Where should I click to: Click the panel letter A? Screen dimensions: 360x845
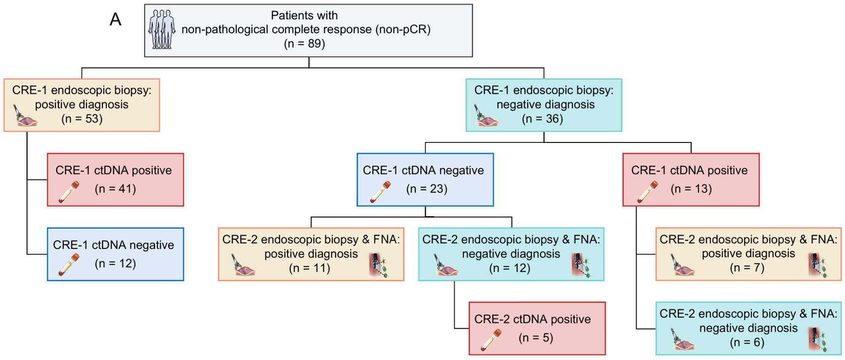[x=115, y=19]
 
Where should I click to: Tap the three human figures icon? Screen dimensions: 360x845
[x=162, y=30]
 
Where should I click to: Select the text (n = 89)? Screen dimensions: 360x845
[x=304, y=44]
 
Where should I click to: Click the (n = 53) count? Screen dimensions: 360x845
[x=82, y=119]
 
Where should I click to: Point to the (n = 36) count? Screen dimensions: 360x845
[x=542, y=119]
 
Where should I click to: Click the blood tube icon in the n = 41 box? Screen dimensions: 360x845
[x=69, y=192]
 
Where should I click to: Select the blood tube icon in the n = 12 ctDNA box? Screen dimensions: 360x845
[x=69, y=265]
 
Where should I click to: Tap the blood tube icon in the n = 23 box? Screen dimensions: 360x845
[x=380, y=192]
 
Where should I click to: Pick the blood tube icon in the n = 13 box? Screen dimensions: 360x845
[x=647, y=192]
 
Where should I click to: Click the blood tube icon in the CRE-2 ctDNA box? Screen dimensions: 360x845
[x=491, y=340]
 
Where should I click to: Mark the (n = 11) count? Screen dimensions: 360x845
[x=310, y=268]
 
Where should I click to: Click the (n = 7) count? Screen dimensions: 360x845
[x=747, y=268]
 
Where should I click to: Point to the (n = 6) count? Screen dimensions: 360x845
[x=747, y=342]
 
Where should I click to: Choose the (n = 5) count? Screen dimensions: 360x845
[x=536, y=338]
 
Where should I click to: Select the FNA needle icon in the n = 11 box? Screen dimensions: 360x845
[x=378, y=265]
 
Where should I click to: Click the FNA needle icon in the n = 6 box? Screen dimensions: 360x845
[x=818, y=340]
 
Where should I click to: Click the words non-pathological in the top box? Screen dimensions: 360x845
[x=224, y=30]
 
